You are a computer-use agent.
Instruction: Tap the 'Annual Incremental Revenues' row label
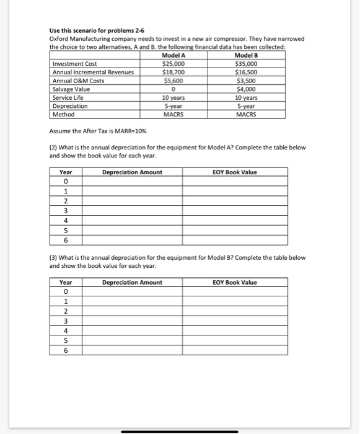point(93,72)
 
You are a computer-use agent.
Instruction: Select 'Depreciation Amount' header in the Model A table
point(132,172)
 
